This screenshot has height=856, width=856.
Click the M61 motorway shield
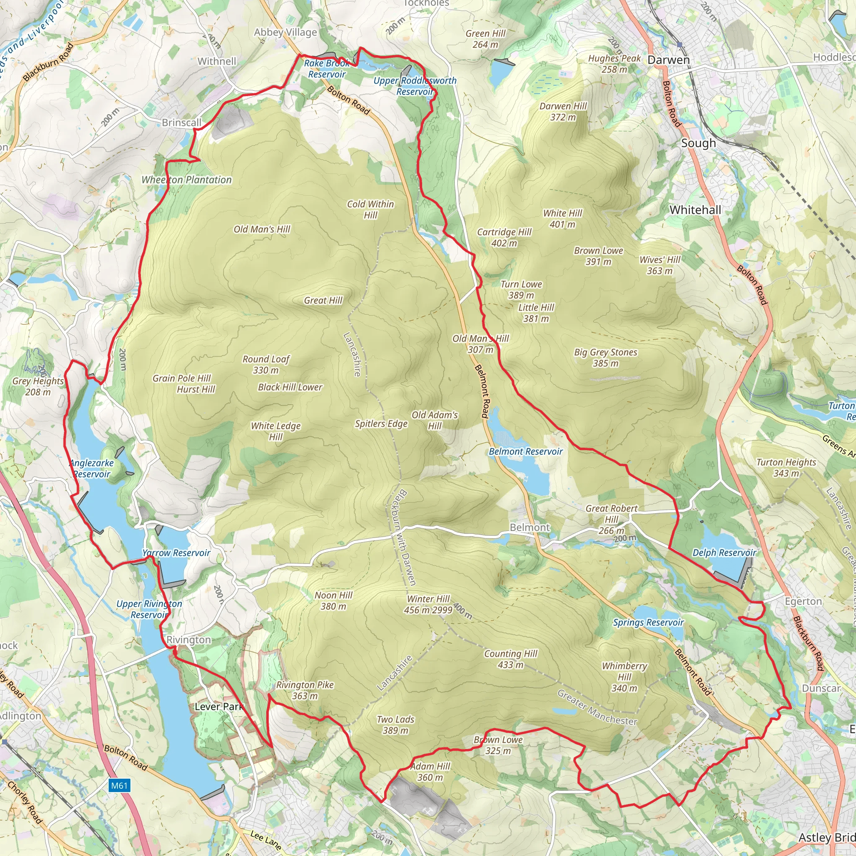pyautogui.click(x=119, y=785)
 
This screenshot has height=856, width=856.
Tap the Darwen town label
pyautogui.click(x=668, y=60)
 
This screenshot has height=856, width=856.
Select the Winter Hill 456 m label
pyautogui.click(x=428, y=604)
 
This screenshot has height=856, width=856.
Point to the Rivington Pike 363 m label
pyautogui.click(x=305, y=690)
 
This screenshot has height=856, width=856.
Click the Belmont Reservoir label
pyautogui.click(x=525, y=451)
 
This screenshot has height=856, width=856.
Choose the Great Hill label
pyautogui.click(x=323, y=301)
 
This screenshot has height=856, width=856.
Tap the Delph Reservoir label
pyautogui.click(x=724, y=553)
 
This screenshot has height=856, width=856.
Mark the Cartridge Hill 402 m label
pyautogui.click(x=504, y=237)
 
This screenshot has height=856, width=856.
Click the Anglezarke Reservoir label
pyautogui.click(x=92, y=468)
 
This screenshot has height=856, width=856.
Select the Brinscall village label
pyautogui.click(x=182, y=122)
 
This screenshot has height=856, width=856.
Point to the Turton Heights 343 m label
pyautogui.click(x=786, y=468)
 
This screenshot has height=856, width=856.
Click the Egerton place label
pyautogui.click(x=803, y=601)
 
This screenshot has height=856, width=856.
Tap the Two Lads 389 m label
pyautogui.click(x=395, y=725)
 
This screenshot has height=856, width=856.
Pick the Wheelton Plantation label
pyautogui.click(x=186, y=180)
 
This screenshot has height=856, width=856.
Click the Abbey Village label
pyautogui.click(x=285, y=32)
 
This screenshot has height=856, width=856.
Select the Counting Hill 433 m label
pyautogui.click(x=510, y=659)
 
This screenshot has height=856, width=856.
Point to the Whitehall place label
pyautogui.click(x=695, y=210)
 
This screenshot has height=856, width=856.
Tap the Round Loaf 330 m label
pyautogui.click(x=266, y=364)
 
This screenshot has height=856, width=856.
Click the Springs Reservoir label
pyautogui.click(x=648, y=622)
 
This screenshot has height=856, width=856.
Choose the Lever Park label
pyautogui.click(x=219, y=706)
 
